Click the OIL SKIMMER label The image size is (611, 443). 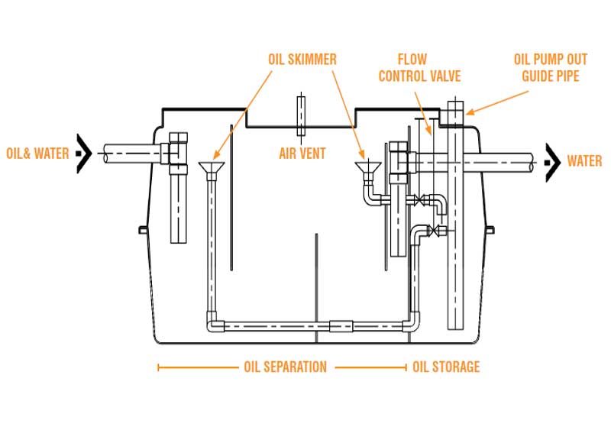tap(302, 58)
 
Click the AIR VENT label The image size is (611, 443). tap(302, 154)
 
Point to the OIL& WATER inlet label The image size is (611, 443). tap(37, 154)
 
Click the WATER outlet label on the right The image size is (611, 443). tap(584, 161)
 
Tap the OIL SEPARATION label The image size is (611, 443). tap(285, 367)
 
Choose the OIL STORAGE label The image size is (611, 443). tap(446, 367)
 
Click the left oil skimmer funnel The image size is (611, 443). tap(209, 168)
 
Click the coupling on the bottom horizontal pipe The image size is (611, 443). tap(340, 326)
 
